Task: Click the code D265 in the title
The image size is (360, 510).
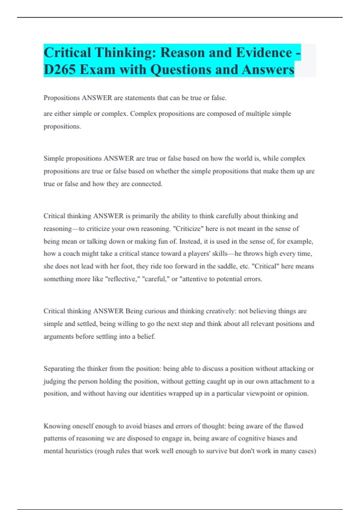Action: click(60, 70)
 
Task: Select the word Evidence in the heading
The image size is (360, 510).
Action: click(264, 53)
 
